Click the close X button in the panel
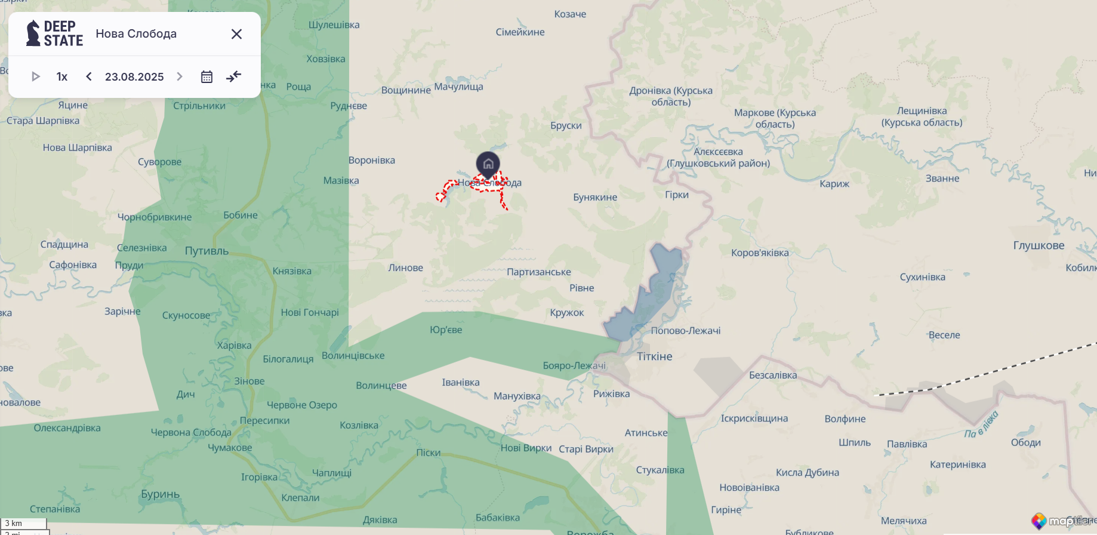pos(236,34)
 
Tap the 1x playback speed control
pos(62,76)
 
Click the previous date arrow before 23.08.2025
pos(89,76)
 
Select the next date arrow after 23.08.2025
pos(180,76)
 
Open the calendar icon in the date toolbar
pos(207,76)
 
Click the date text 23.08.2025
pos(134,76)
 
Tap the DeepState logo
pos(54,33)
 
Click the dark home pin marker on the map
pos(488,164)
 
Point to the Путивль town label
pos(207,251)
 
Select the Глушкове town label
pos(1039,245)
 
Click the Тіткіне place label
pos(654,356)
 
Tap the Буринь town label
pos(160,494)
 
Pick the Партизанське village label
pos(538,272)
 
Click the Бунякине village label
pos(595,197)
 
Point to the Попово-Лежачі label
pos(685,330)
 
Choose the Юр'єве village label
pos(446,330)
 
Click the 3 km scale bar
pos(24,524)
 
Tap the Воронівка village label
pos(372,160)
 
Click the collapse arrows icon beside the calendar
pos(234,76)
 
